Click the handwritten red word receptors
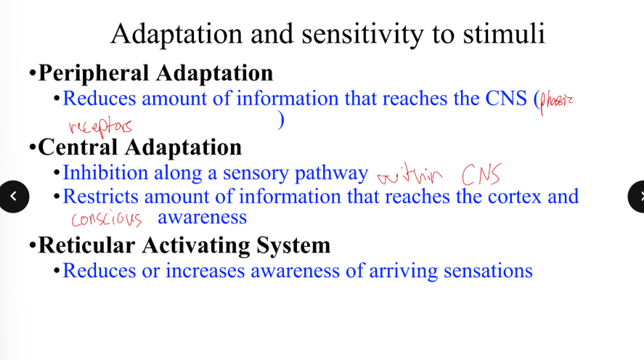(101, 126)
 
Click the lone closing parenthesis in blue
(281, 120)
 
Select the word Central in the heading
(78, 147)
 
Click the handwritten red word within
(409, 175)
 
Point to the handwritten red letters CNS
(481, 175)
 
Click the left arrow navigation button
(15, 196)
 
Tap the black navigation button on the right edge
(636, 196)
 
